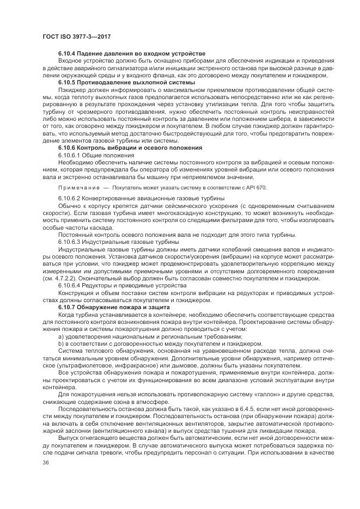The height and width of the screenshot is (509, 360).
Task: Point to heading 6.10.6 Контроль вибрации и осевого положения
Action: (x=130, y=147)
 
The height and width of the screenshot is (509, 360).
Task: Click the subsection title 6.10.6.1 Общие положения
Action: (x=96, y=155)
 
